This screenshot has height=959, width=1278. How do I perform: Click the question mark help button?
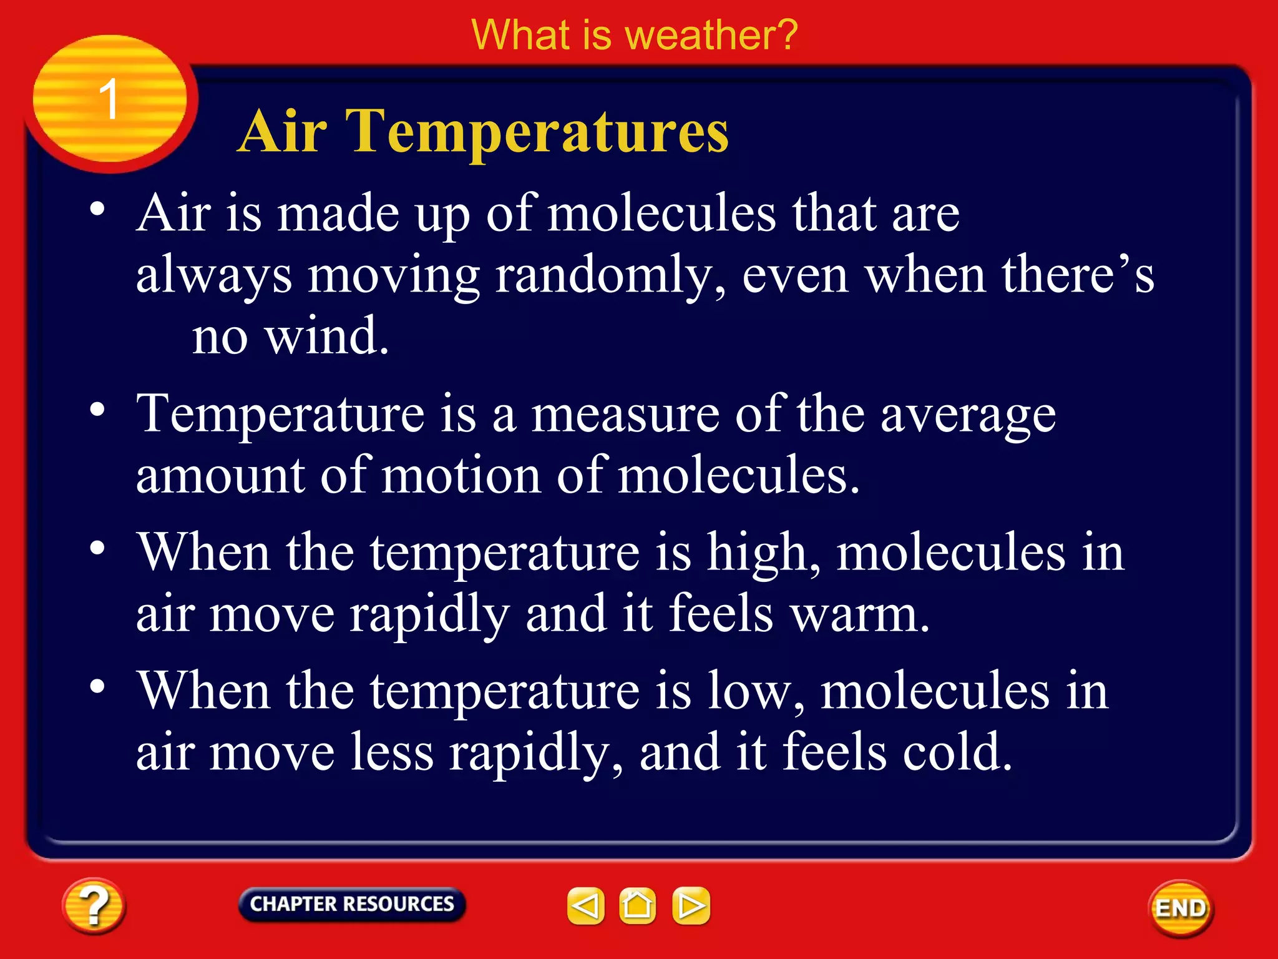coord(94,906)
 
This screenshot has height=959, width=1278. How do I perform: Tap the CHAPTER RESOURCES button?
coord(352,904)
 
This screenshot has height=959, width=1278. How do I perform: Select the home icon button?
coord(637,905)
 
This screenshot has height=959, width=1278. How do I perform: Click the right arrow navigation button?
coord(691,905)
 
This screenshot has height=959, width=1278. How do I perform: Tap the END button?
coord(1181,908)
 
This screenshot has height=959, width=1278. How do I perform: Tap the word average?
coord(968,415)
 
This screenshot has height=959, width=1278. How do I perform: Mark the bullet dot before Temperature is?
coord(97,410)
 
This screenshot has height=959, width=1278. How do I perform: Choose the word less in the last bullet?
coord(391,752)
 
